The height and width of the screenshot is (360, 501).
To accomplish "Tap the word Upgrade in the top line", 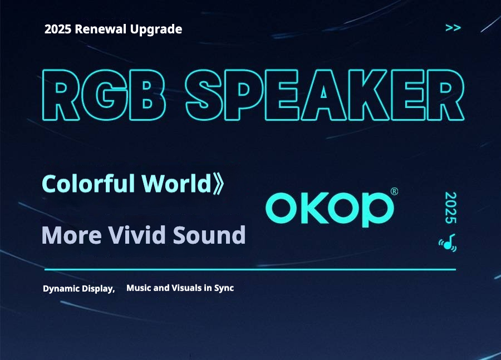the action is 156,29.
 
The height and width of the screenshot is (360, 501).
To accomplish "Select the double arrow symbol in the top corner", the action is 453,28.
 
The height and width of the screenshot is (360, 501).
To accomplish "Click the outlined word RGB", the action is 104,95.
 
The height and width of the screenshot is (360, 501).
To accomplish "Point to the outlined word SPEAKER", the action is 325,95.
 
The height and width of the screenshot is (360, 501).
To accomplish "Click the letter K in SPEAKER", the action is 370,95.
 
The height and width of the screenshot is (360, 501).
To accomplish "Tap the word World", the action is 176,184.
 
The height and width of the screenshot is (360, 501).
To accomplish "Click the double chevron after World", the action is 218,184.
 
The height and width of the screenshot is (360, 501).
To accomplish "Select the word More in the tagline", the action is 72,235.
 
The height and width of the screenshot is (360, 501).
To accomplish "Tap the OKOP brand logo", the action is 330,209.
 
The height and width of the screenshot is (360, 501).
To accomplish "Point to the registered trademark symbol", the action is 394,191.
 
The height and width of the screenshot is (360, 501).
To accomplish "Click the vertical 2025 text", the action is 451,208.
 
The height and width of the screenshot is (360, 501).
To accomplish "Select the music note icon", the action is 448,243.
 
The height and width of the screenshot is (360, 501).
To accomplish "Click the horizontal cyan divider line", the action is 250,270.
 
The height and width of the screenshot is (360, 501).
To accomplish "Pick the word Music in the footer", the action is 139,288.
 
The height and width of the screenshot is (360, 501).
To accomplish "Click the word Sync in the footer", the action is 224,288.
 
